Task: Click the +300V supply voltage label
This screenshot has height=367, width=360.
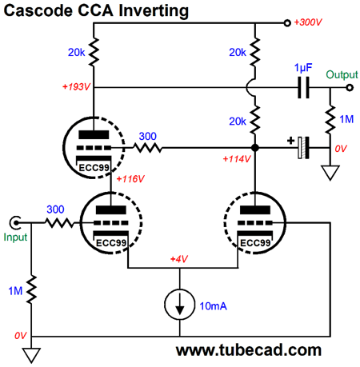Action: [308, 22]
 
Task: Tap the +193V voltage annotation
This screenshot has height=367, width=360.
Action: [76, 87]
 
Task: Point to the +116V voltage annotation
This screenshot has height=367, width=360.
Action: [130, 178]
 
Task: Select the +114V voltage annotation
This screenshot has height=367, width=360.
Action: [237, 159]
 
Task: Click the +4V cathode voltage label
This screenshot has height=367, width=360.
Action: [179, 259]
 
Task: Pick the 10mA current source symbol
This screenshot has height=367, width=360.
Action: [179, 305]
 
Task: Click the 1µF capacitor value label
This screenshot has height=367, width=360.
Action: [303, 68]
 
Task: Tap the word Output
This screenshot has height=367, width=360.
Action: [342, 75]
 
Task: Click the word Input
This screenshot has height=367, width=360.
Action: [15, 237]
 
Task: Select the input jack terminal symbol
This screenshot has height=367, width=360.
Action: [15, 222]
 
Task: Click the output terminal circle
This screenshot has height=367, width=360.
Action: [350, 87]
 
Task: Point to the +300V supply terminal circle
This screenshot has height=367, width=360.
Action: [287, 23]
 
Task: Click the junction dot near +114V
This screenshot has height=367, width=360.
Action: [255, 147]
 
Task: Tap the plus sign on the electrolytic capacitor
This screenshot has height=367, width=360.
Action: [290, 141]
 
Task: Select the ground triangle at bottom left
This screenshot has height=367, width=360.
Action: [31, 355]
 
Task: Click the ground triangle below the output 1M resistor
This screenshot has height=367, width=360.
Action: [330, 173]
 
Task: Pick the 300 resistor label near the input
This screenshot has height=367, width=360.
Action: [55, 209]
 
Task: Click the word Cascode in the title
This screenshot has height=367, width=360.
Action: [38, 11]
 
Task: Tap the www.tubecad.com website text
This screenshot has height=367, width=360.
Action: [249, 350]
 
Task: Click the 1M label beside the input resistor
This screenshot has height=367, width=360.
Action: [15, 291]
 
